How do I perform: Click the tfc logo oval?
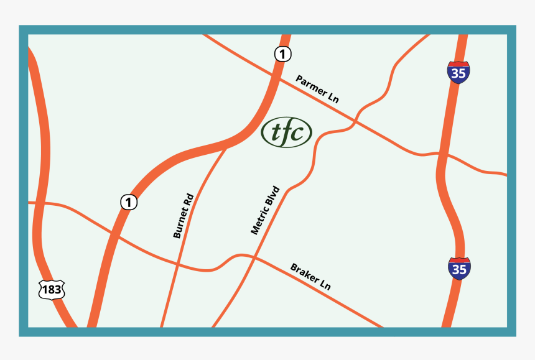point(286,132)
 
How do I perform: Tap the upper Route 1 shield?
point(282,55)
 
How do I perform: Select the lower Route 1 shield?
point(128,202)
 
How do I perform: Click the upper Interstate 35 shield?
point(458,73)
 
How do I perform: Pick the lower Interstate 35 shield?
point(459,269)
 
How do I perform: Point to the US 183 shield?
point(51,290)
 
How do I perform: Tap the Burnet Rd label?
point(184,216)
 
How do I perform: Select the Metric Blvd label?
point(266,210)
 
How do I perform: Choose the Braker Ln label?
point(310,277)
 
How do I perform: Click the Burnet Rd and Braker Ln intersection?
point(177,264)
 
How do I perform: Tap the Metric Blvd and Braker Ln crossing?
point(254,256)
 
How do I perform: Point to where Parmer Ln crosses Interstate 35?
point(440,154)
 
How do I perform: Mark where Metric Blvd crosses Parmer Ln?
point(356,119)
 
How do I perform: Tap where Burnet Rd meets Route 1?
point(225,147)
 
